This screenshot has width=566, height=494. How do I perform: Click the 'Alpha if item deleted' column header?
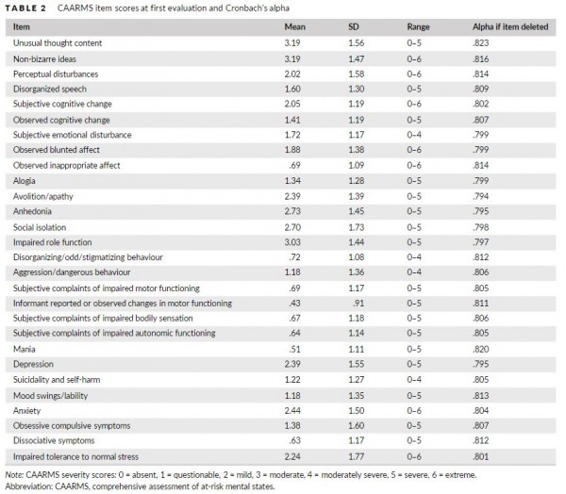coord(510,26)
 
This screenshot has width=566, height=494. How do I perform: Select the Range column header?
coord(418,26)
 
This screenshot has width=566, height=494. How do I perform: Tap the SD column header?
coord(354,26)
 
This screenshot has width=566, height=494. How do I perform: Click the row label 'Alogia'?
coord(25,181)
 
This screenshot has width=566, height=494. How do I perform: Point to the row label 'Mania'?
coord(25,349)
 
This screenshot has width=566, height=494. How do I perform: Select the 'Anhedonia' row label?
coord(32,211)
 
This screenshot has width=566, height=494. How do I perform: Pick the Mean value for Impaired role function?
coord(292,242)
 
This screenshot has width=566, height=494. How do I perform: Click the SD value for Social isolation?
coord(357,227)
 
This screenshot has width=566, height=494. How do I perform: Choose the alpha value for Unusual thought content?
coord(481,43)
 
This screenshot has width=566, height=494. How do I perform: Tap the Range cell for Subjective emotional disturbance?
coord(414,135)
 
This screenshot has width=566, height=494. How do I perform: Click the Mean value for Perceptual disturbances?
coord(292,74)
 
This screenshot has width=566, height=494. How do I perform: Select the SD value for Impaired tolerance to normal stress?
coord(357,456)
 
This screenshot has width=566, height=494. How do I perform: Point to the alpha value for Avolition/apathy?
coord(481,196)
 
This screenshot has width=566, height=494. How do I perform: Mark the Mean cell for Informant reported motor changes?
coord(295,304)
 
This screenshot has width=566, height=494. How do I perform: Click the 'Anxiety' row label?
coord(26,411)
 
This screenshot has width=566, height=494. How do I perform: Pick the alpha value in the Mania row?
coord(481,349)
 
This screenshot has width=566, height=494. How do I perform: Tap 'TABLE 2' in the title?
coord(25,8)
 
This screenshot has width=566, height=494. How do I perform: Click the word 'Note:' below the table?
coord(14,474)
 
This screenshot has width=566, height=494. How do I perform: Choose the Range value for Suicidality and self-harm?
coord(414,380)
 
